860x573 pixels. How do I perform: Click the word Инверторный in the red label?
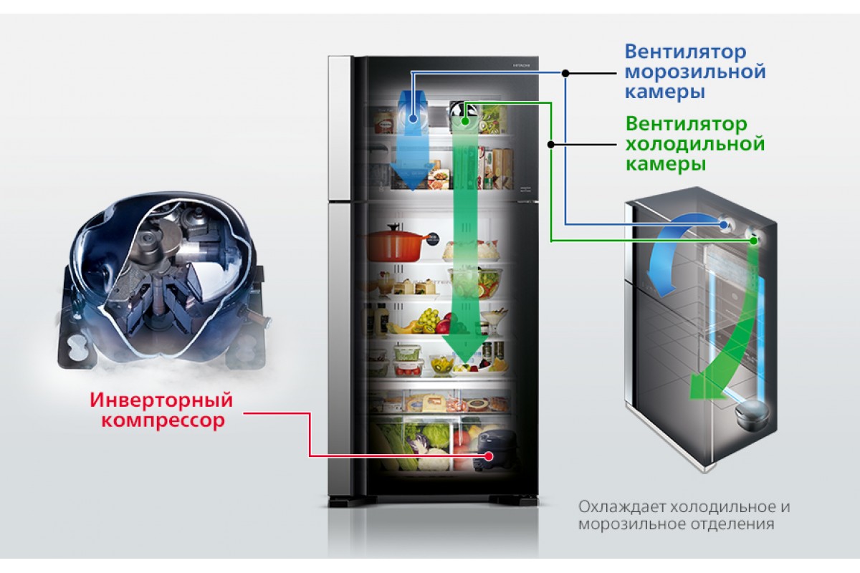tap(162, 400)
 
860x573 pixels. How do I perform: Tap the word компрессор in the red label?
tap(163, 420)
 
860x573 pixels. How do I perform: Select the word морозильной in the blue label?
tap(695, 72)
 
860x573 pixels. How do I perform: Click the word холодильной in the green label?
tap(695, 144)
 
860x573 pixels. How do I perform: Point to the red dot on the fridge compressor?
tap(488, 456)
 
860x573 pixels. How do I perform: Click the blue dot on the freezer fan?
tap(413, 119)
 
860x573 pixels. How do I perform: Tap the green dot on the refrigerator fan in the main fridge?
tap(465, 121)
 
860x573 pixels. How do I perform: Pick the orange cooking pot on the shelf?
tap(396, 243)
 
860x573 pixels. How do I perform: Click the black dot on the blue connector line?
tap(565, 73)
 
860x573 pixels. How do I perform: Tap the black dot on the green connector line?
tap(551, 144)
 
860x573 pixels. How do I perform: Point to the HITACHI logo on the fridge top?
tap(522, 65)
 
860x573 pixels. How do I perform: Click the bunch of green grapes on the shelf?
tap(429, 319)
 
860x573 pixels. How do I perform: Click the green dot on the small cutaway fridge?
tap(754, 241)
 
